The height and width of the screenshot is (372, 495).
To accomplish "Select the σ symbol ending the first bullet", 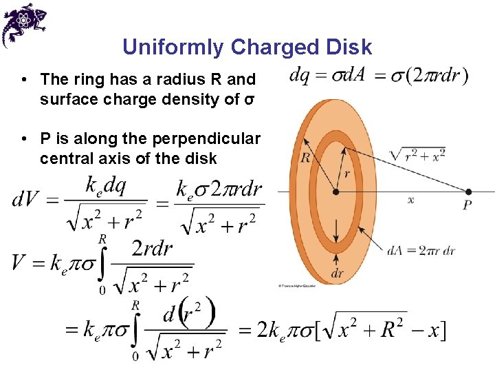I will (250, 100).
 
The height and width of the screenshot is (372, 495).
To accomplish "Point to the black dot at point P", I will (468, 192).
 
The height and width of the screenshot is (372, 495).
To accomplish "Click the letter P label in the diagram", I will (467, 205).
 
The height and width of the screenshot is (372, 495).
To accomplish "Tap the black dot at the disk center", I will (335, 192).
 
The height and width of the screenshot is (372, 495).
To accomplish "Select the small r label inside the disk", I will (346, 174).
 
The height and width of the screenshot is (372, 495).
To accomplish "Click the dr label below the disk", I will (337, 273).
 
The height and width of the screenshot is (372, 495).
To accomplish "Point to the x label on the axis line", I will (411, 200).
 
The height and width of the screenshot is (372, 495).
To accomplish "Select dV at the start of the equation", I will (26, 200).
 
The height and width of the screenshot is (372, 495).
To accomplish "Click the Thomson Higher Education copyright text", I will (297, 285).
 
